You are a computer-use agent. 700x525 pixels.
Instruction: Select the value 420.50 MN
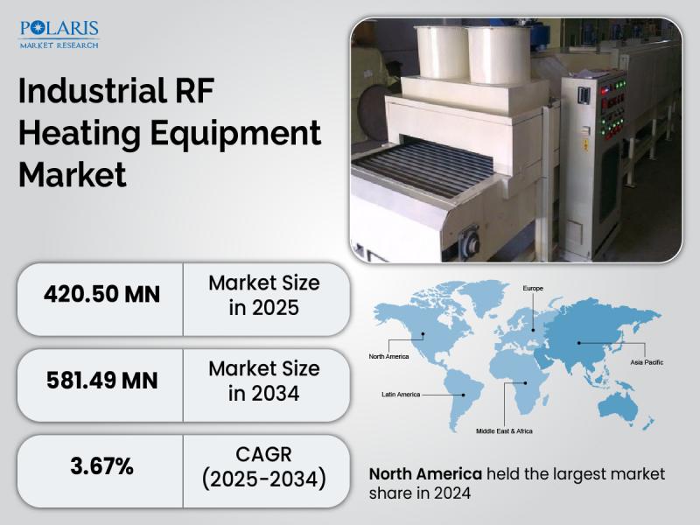[101, 294]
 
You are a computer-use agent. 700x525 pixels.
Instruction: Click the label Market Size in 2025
[263, 296]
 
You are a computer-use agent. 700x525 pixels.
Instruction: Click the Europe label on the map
[534, 288]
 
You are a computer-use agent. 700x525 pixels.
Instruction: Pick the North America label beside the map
[389, 356]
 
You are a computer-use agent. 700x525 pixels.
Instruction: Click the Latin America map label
[401, 395]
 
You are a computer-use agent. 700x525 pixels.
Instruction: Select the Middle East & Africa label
[504, 431]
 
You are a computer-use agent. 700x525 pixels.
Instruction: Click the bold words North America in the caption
[425, 473]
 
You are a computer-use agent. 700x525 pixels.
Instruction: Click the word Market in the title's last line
[73, 173]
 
